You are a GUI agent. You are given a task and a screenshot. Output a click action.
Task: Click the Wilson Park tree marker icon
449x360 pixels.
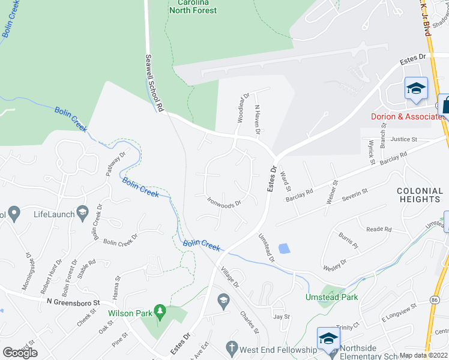(160, 311)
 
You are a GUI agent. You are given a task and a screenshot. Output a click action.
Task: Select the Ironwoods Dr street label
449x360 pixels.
(224, 202)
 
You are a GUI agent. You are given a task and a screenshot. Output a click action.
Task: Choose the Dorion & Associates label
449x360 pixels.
(408, 116)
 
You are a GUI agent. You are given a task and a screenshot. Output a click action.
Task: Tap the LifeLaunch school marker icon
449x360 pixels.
(82, 212)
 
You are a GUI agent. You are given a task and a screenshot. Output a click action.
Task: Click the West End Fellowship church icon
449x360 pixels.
(232, 347)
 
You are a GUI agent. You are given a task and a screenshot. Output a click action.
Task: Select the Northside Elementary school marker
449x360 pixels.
(328, 338)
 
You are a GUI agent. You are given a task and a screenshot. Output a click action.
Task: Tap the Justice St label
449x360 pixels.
(403, 139)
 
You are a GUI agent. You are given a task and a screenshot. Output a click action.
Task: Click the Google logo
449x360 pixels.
(20, 352)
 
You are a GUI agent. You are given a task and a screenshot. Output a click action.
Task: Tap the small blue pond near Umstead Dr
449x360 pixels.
(284, 248)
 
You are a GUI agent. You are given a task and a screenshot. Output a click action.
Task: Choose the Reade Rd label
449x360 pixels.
(379, 229)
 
